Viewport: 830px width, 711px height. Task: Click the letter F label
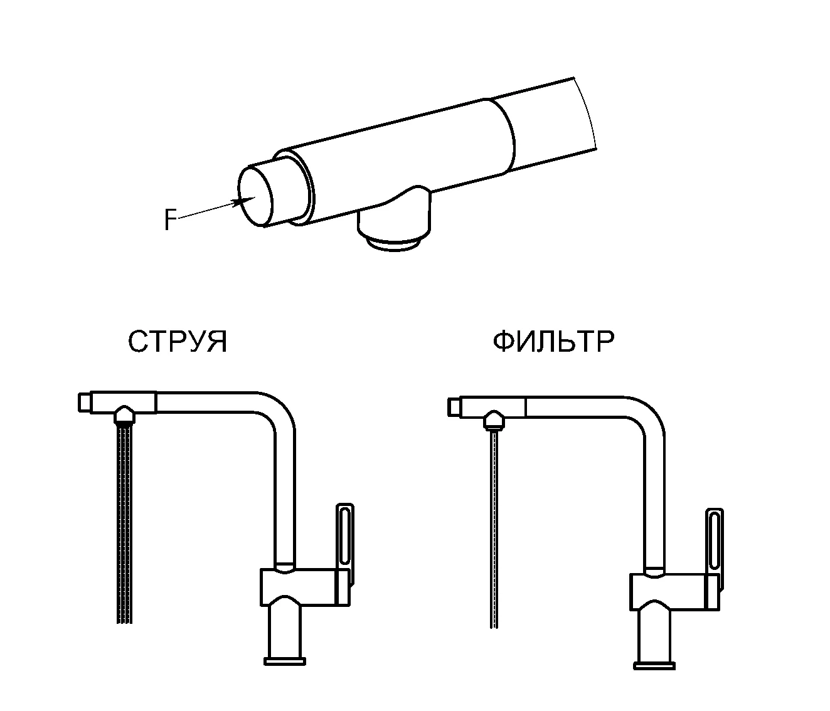170,219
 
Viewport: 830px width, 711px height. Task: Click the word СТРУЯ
178,342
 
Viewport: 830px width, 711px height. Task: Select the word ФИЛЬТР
553,342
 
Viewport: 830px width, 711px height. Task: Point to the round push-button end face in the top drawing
255,196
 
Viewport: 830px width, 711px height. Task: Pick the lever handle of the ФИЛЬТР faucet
715,550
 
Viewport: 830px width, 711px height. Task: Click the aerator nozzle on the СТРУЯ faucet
124,414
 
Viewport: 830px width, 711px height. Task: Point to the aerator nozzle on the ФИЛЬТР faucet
494,420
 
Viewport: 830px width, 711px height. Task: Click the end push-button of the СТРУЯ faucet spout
84,403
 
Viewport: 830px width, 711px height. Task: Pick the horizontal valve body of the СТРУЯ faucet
305,587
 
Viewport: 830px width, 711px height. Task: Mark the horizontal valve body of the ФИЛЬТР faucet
674,592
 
